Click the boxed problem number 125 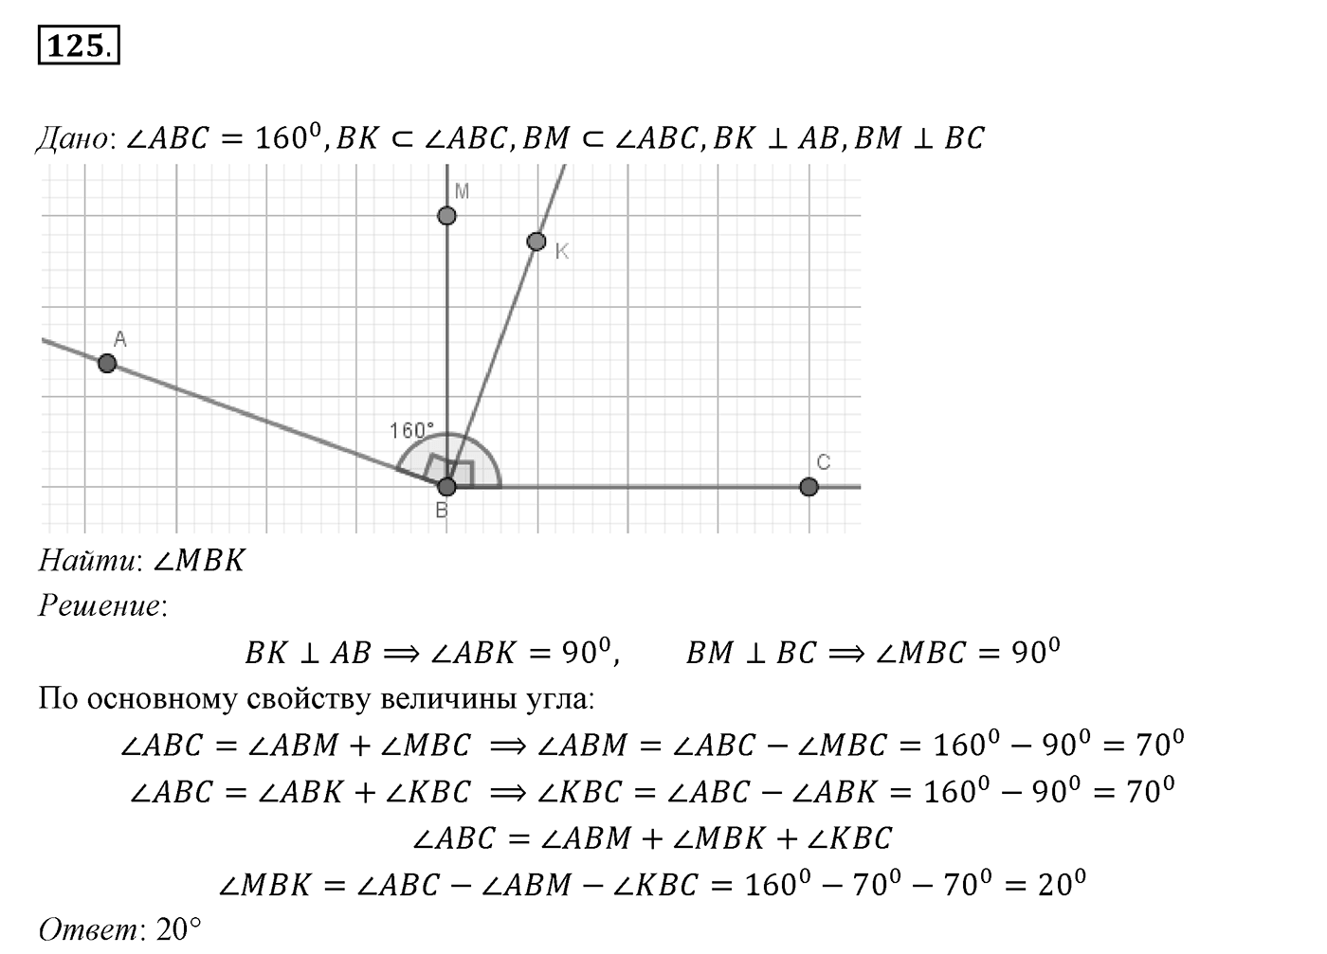[x=79, y=45]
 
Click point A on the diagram [x=107, y=363]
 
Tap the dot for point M [x=446, y=216]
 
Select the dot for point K [x=536, y=242]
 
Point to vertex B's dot [x=446, y=487]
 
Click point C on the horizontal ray [x=809, y=487]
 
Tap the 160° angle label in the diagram [x=411, y=430]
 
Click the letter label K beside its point [x=561, y=252]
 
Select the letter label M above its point [x=463, y=190]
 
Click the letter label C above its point [x=824, y=462]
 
